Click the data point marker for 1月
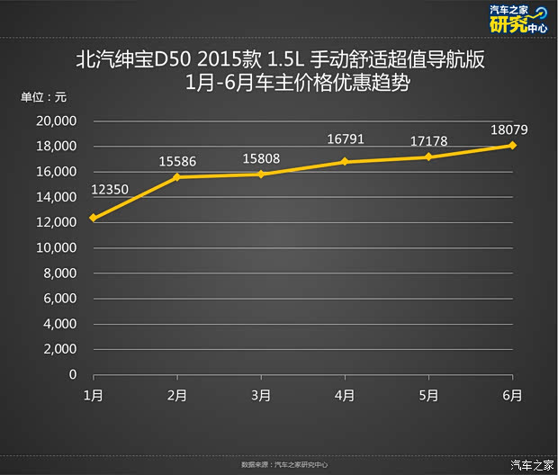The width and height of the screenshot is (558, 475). pos(93,218)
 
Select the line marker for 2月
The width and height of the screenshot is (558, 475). pos(176,177)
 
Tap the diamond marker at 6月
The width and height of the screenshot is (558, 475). pos(512,145)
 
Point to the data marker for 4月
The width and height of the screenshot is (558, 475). pos(345,162)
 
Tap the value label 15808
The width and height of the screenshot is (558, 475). pos(261,158)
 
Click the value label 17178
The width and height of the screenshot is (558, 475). pos(429,142)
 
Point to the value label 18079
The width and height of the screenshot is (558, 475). pos(508,129)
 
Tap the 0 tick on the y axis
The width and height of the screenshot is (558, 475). pos(73,374)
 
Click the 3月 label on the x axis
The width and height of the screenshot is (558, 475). pos(261,395)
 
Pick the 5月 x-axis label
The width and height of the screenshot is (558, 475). pos(428,395)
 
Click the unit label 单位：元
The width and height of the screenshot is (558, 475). pos(43,97)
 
